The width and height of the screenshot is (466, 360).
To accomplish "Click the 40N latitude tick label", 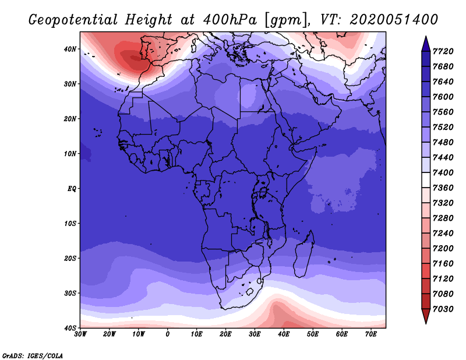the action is click(x=70, y=49).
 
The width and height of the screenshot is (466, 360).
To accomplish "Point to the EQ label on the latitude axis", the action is click(x=72, y=189).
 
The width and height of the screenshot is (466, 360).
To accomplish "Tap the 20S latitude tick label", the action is click(x=70, y=258).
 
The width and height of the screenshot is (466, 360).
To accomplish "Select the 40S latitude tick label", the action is click(x=70, y=328).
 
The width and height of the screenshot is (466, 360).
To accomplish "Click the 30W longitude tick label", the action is click(x=80, y=334).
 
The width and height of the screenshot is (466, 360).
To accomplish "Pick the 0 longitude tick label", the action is click(x=168, y=334).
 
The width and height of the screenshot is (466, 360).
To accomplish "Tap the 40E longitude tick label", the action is click(x=284, y=334).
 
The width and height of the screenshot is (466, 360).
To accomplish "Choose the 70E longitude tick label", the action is click(x=371, y=334).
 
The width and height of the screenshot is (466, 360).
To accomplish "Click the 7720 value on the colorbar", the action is click(x=443, y=51).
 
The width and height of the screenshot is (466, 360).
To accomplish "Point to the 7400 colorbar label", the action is click(x=443, y=172).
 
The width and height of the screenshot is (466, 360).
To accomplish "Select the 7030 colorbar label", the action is click(x=443, y=309).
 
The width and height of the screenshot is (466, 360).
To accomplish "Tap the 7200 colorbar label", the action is click(x=443, y=249).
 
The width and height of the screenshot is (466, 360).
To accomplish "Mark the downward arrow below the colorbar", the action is click(x=426, y=316).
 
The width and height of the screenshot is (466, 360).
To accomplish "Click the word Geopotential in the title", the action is click(x=73, y=20).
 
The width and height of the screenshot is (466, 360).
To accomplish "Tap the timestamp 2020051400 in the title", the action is click(x=394, y=20).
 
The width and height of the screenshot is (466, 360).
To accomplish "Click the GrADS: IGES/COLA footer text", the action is click(x=33, y=355).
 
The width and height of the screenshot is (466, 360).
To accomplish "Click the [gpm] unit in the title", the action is click(x=287, y=20).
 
